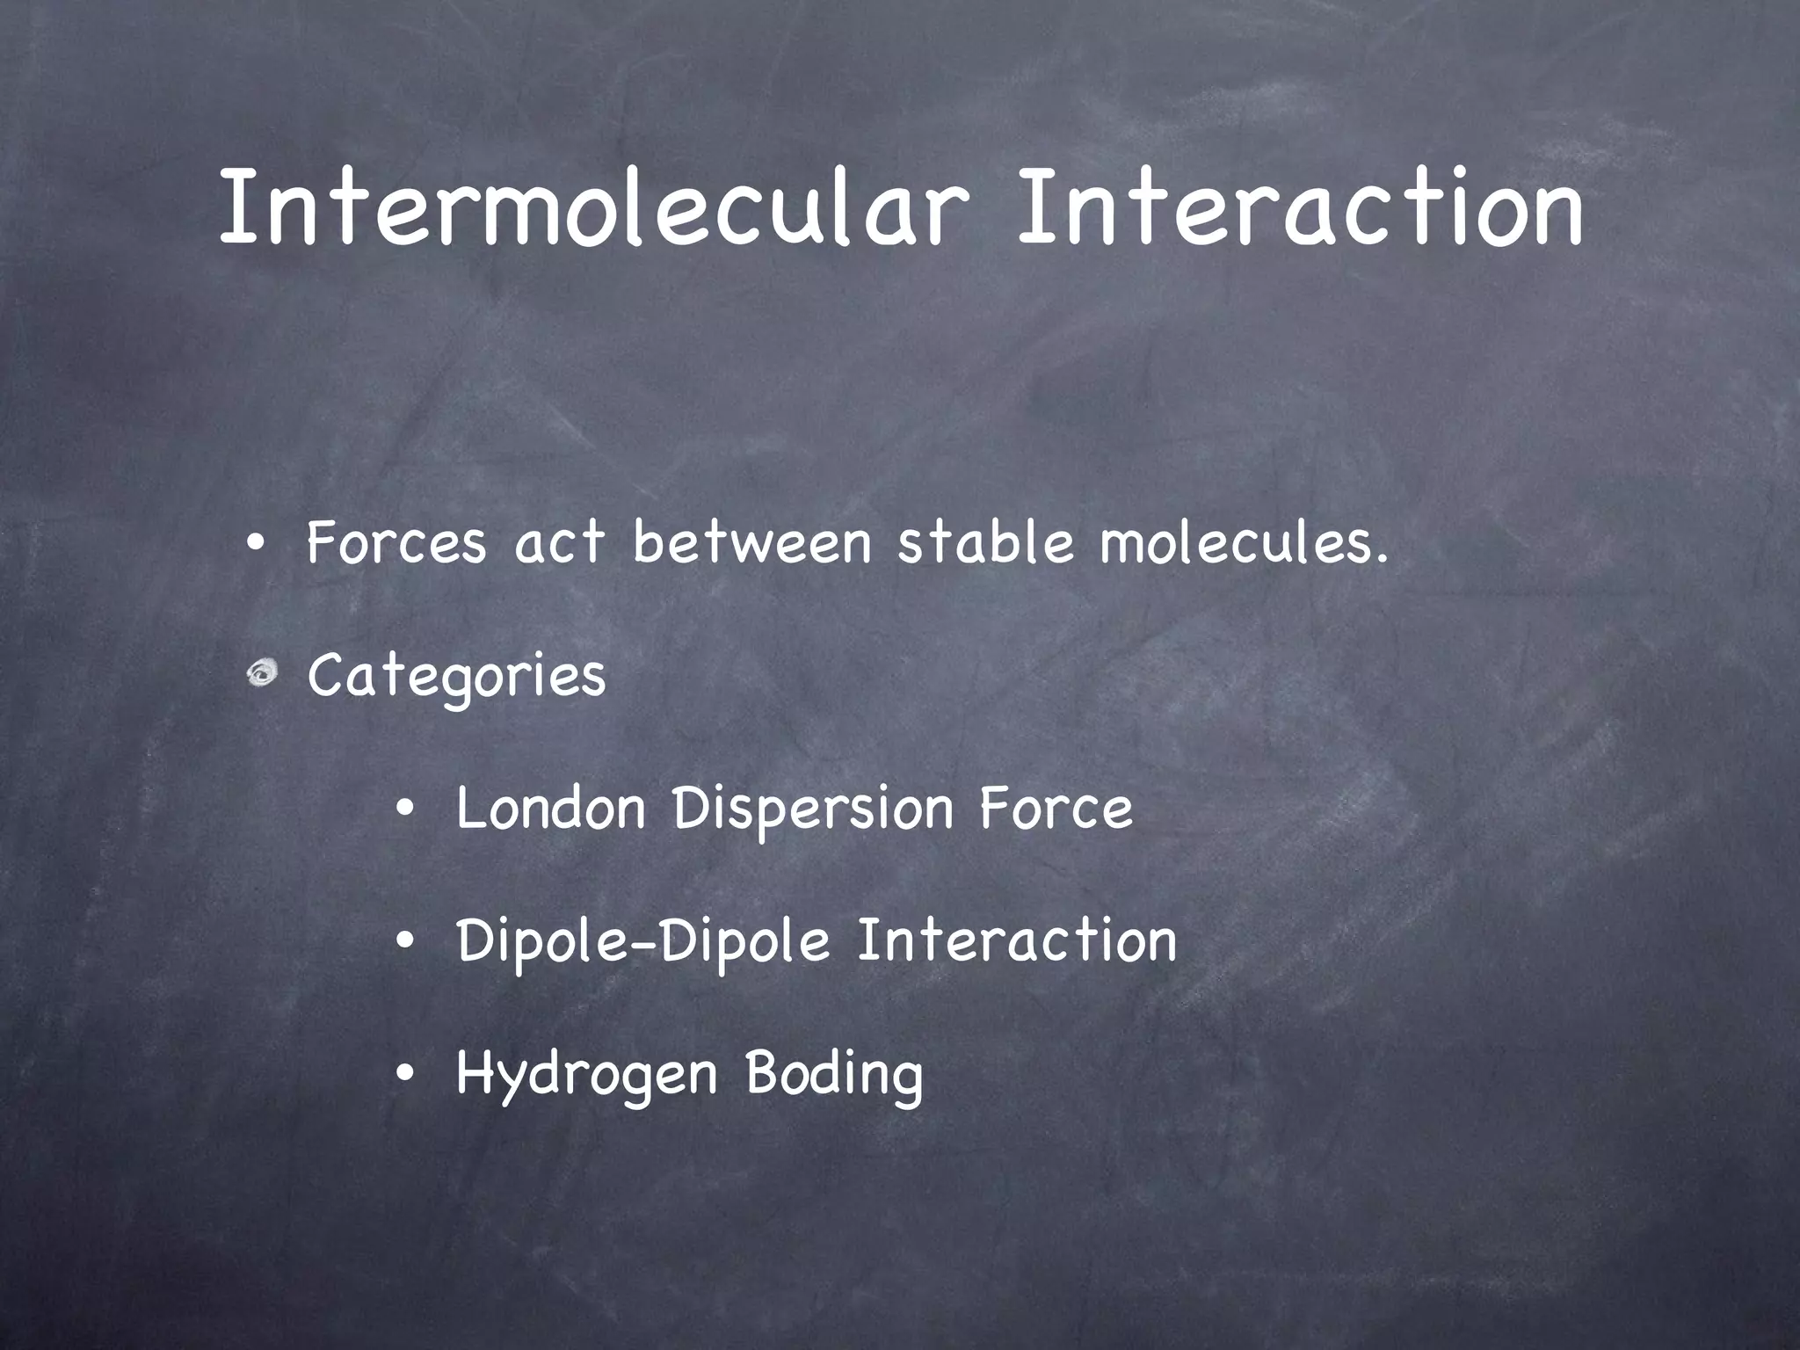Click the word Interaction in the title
click(1299, 207)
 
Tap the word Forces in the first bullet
click(396, 542)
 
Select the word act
click(560, 542)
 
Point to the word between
click(751, 542)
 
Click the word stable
click(985, 542)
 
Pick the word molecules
click(1244, 542)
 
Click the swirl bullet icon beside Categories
click(261, 674)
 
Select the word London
click(551, 809)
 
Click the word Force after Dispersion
click(1056, 809)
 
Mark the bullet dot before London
click(404, 809)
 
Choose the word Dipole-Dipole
click(643, 941)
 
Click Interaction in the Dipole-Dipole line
click(1017, 940)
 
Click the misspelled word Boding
click(834, 1074)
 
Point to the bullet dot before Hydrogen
click(404, 1074)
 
